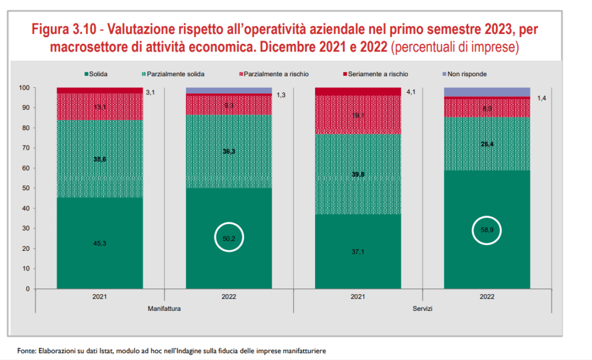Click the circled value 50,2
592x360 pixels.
click(230, 237)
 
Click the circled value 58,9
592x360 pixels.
click(487, 231)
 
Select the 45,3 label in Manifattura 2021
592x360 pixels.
click(100, 243)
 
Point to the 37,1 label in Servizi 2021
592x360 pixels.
click(358, 251)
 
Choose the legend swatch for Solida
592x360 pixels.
click(87, 74)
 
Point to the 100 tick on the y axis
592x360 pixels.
click(24, 88)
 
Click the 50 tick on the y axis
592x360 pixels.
click(25, 188)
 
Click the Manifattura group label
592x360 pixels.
click(165, 309)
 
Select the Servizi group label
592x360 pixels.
click(422, 309)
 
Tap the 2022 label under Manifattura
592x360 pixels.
click(229, 296)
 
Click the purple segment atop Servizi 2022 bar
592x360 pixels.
click(487, 92)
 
